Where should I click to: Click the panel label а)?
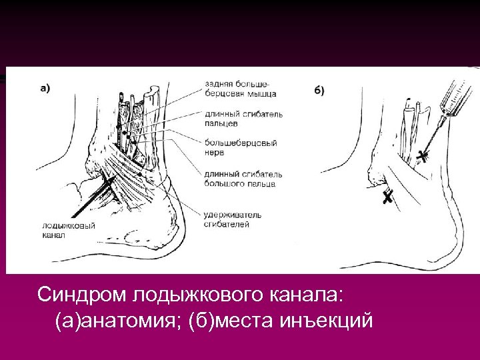[x=45, y=87]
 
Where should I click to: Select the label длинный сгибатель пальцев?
[x=244, y=118]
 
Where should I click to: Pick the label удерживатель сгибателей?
[x=233, y=219]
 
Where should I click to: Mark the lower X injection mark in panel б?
[x=387, y=197]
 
